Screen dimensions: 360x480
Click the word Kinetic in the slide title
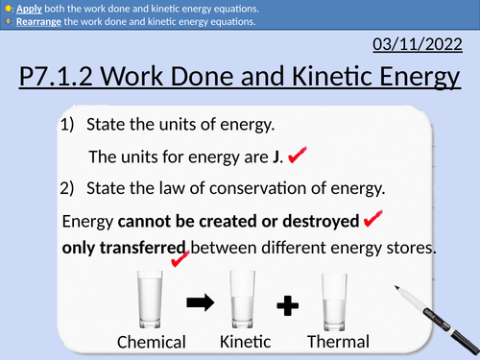(x=324, y=80)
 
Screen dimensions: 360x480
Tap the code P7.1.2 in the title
(x=60, y=80)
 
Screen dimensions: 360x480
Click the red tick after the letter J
(x=298, y=154)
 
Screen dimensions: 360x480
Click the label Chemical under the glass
(x=152, y=343)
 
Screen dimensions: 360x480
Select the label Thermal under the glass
(x=338, y=342)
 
